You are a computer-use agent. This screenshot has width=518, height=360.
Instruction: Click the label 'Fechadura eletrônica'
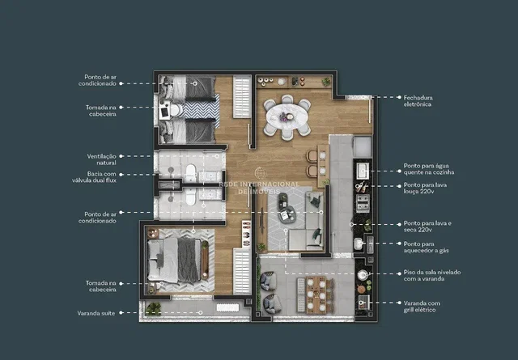(x=418, y=101)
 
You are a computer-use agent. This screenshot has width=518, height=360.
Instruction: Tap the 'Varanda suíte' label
(x=96, y=313)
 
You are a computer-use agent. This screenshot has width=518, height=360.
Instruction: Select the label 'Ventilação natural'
(x=101, y=159)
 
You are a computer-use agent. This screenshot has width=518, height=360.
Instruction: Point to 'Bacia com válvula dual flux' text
(x=94, y=176)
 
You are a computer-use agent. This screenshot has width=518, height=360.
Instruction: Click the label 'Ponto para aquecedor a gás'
(x=427, y=247)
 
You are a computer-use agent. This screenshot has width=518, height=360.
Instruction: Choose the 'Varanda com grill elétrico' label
(x=422, y=306)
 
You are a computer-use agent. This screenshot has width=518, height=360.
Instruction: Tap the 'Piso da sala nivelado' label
(x=432, y=272)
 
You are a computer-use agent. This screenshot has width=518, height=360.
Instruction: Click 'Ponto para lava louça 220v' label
(x=425, y=188)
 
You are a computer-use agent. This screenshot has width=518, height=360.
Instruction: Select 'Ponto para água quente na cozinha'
(x=429, y=169)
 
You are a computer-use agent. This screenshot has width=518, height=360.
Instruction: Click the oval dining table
(x=287, y=117)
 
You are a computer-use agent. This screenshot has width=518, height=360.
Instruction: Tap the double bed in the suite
(x=174, y=260)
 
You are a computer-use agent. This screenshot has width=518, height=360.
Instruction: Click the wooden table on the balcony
(x=316, y=295)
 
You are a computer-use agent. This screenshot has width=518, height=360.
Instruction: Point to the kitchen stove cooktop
(x=363, y=202)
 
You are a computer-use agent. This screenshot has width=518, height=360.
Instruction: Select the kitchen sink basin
(x=363, y=171)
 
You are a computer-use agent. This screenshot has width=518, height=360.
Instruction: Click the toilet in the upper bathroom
(x=191, y=173)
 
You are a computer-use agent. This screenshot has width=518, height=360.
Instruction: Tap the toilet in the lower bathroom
(x=191, y=197)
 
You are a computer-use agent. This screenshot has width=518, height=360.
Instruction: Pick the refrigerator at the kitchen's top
(x=363, y=146)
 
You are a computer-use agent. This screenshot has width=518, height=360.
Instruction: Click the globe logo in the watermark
(x=261, y=173)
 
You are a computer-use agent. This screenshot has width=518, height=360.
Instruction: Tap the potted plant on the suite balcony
(x=153, y=309)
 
